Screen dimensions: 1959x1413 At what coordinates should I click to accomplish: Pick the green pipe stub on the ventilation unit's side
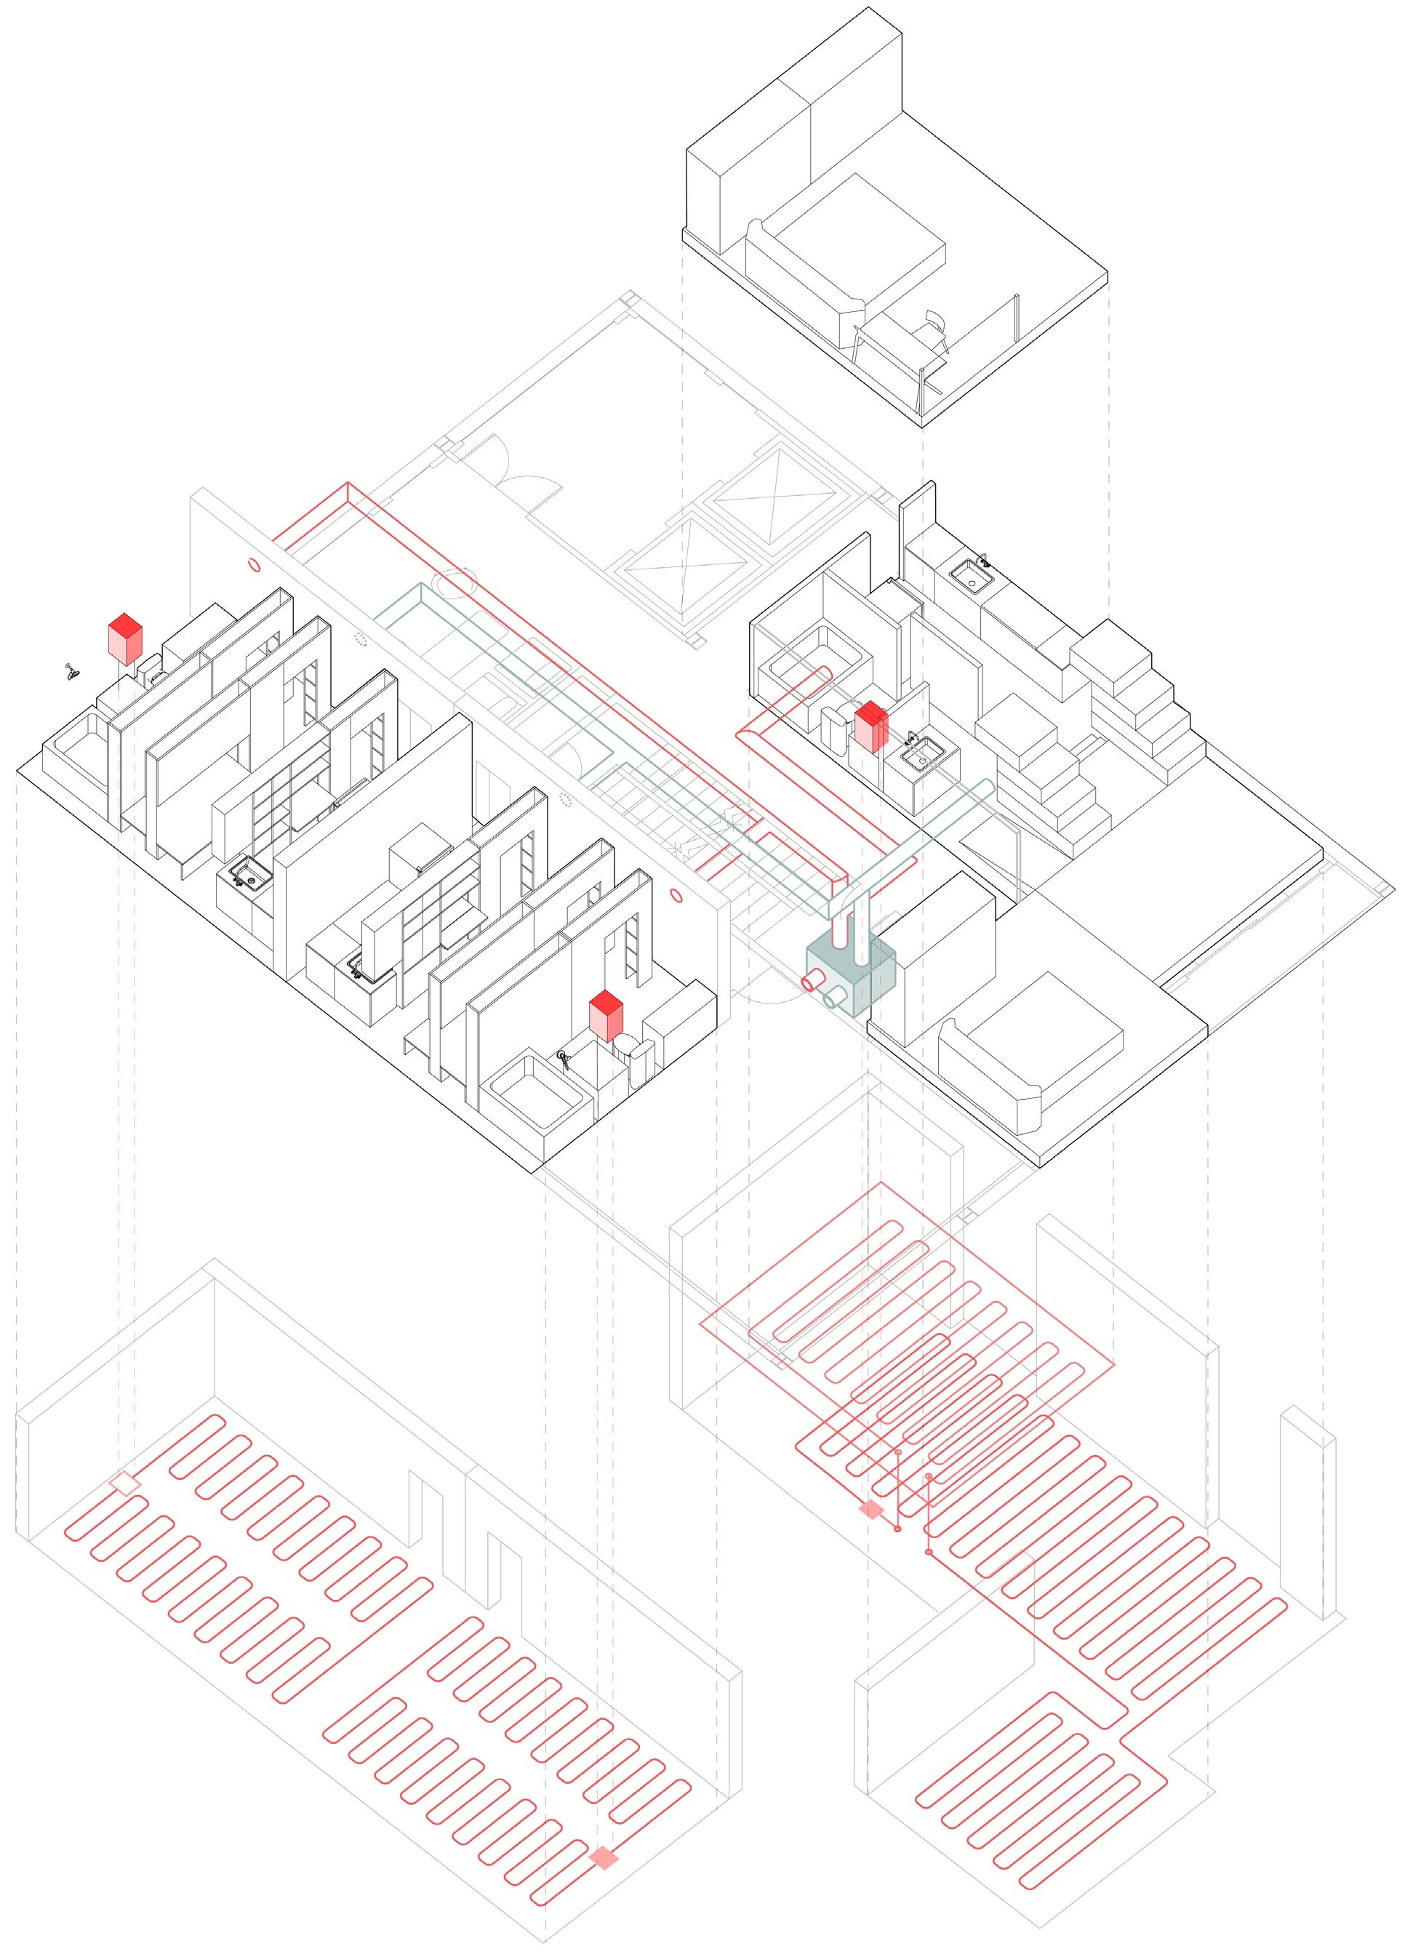pyautogui.click(x=834, y=999)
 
